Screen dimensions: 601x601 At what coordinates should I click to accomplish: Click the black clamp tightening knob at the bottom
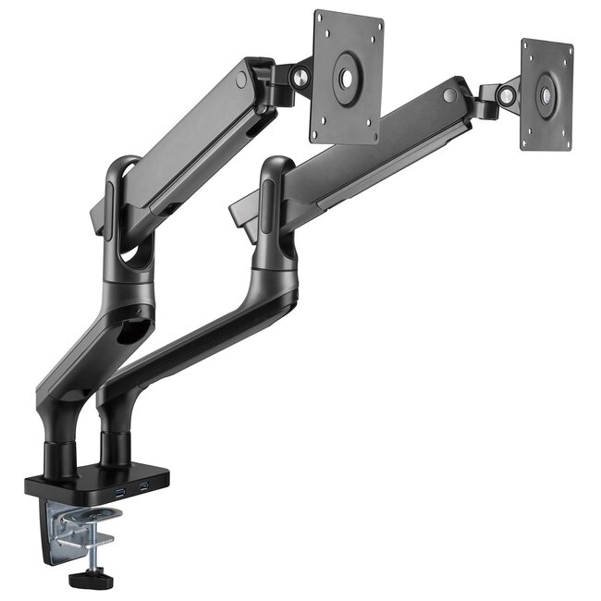tap(84, 582)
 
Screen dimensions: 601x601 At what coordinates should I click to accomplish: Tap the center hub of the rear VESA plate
tap(546, 94)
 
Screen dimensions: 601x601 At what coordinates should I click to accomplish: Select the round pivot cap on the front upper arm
tap(241, 80)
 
